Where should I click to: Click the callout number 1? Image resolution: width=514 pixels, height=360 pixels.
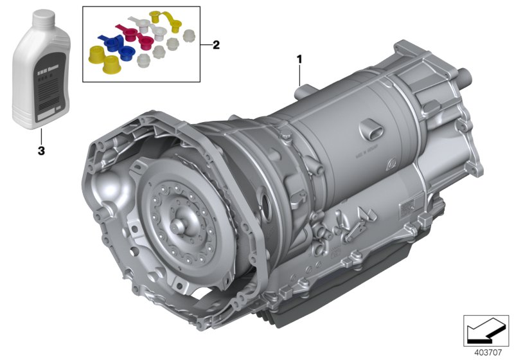tap(299, 60)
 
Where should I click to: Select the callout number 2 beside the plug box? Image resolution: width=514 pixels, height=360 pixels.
tap(216, 45)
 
